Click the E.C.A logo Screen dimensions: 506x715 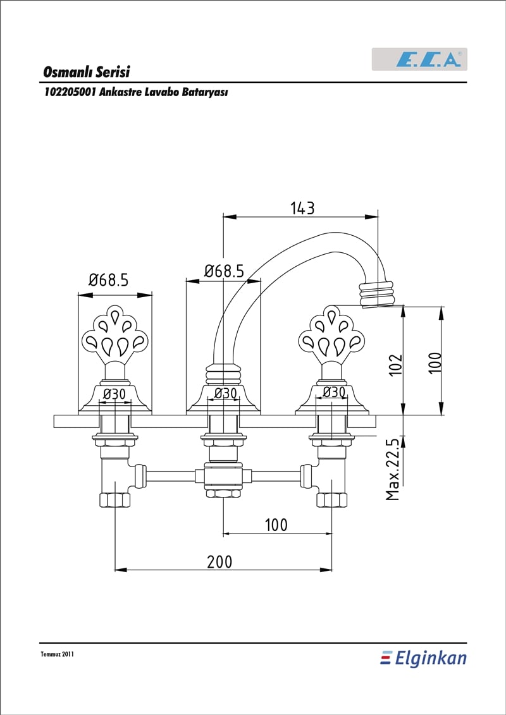pos(419,59)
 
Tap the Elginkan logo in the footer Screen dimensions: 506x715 pos(423,659)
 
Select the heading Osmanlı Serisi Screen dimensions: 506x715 pos(87,72)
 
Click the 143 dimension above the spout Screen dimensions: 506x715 pos(302,208)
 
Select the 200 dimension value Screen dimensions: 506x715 pos(219,562)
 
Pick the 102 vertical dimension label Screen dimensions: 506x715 pos(397,364)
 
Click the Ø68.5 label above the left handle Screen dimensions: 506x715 pos(109,279)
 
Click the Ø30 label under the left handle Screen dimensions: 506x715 pos(114,393)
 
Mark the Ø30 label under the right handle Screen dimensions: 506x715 pos(333,392)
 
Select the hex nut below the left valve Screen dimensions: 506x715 pos(114,500)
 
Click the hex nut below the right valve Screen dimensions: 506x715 pos(331,500)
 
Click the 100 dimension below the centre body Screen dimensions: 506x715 pos(276,525)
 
